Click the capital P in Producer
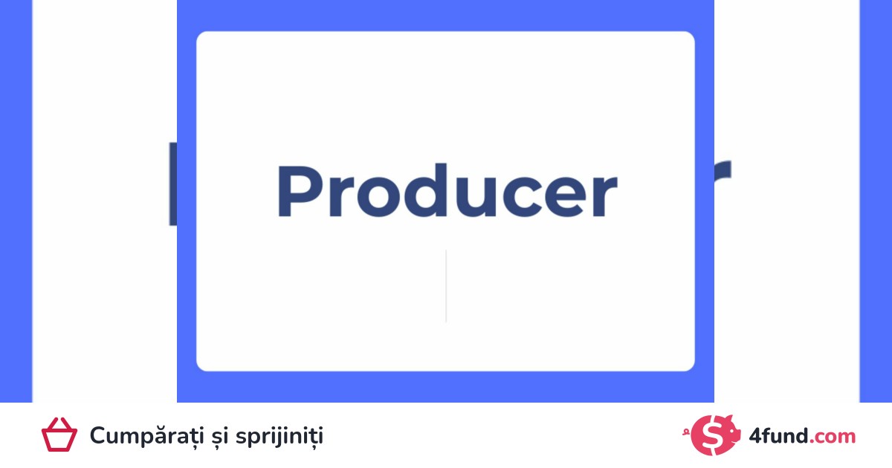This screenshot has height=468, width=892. (x=302, y=191)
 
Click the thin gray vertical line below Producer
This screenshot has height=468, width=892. (x=446, y=286)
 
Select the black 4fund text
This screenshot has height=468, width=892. (x=778, y=435)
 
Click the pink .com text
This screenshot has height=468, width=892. (x=833, y=438)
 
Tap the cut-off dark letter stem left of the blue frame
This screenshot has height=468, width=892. (x=172, y=184)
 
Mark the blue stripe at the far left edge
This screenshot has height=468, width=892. (x=16, y=201)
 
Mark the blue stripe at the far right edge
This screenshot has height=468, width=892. (x=876, y=201)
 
